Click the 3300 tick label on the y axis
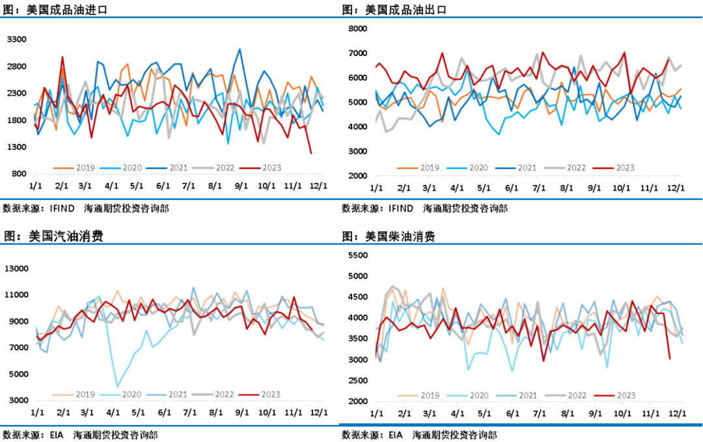tap(16, 40)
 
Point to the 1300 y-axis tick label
tap(16, 147)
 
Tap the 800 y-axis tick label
tap(19, 174)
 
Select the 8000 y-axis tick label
tap(358, 28)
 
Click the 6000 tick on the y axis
tap(358, 77)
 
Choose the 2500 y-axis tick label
tap(358, 381)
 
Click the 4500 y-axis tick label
tap(358, 297)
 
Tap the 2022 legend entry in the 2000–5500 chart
tap(572, 394)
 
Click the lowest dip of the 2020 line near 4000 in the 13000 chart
tap(118, 387)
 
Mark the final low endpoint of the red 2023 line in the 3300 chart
tap(311, 154)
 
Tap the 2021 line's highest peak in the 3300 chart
tap(240, 49)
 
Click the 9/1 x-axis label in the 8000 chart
tap(594, 188)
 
